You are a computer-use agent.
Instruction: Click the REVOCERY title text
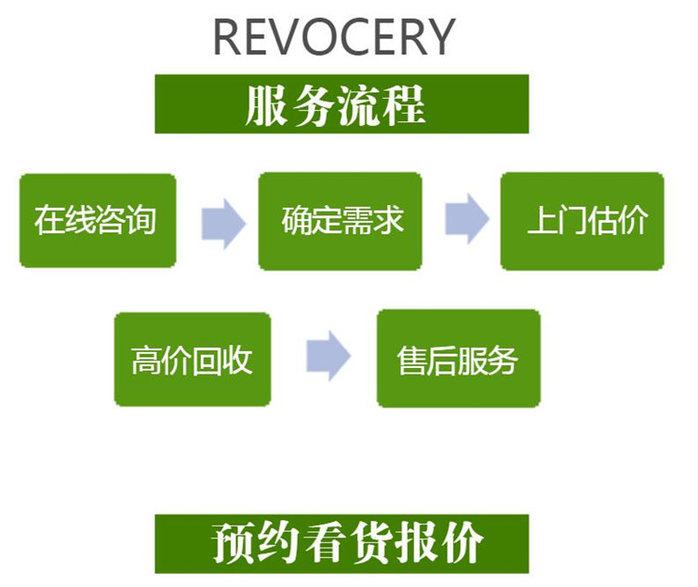[334, 37]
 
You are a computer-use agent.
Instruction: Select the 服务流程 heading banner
[342, 104]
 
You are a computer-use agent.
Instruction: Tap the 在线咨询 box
[97, 221]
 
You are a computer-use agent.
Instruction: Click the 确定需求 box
[341, 221]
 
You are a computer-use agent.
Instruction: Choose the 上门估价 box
[583, 221]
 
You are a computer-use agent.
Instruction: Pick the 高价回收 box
[192, 359]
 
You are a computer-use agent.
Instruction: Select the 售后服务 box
[458, 359]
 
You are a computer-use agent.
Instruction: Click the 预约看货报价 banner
[342, 544]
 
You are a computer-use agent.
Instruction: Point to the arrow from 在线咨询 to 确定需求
[222, 223]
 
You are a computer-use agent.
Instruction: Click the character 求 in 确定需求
[388, 222]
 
